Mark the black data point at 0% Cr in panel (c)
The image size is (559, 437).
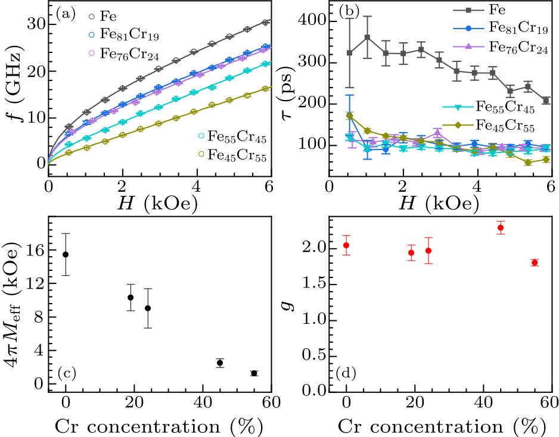66,254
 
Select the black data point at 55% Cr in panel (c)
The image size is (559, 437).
254,373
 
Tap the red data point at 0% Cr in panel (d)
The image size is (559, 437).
346,245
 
